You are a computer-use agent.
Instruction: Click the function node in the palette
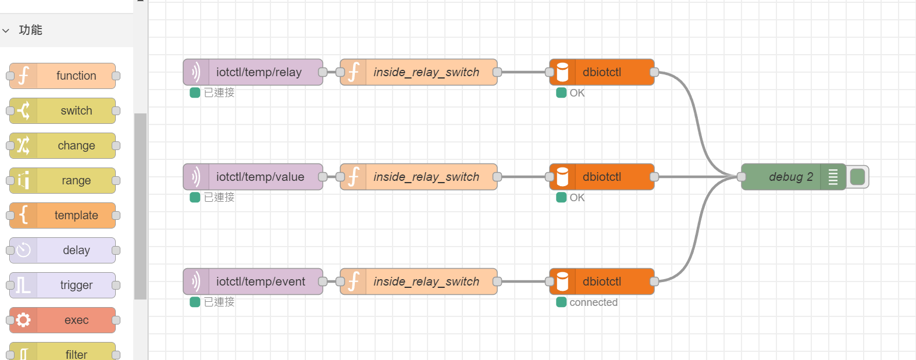click(x=63, y=76)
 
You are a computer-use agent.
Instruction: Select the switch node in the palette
click(x=63, y=111)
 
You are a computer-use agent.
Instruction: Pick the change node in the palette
click(x=63, y=145)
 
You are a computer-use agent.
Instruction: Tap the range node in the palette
click(x=63, y=180)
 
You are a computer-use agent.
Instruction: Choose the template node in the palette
click(x=63, y=215)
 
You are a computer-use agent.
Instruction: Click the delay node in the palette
click(x=63, y=250)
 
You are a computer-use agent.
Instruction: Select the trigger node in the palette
click(x=63, y=285)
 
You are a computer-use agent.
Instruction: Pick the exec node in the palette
click(x=63, y=320)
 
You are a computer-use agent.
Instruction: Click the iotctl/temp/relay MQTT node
click(x=253, y=72)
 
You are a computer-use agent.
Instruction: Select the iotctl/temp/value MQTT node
click(x=253, y=177)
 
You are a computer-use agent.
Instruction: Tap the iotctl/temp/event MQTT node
click(x=253, y=281)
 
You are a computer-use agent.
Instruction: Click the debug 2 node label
click(x=791, y=177)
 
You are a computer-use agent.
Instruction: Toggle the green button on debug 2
click(x=857, y=177)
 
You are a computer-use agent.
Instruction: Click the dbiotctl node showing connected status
click(x=602, y=281)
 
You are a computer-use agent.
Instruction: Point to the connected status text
click(x=593, y=302)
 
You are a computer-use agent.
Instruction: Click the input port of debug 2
click(x=742, y=177)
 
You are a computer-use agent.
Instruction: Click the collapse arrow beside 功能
click(x=6, y=31)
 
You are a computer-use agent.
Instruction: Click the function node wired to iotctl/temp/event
click(x=419, y=281)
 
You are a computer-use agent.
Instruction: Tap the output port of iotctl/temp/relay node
click(x=323, y=72)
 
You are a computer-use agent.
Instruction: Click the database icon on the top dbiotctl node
click(x=563, y=72)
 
